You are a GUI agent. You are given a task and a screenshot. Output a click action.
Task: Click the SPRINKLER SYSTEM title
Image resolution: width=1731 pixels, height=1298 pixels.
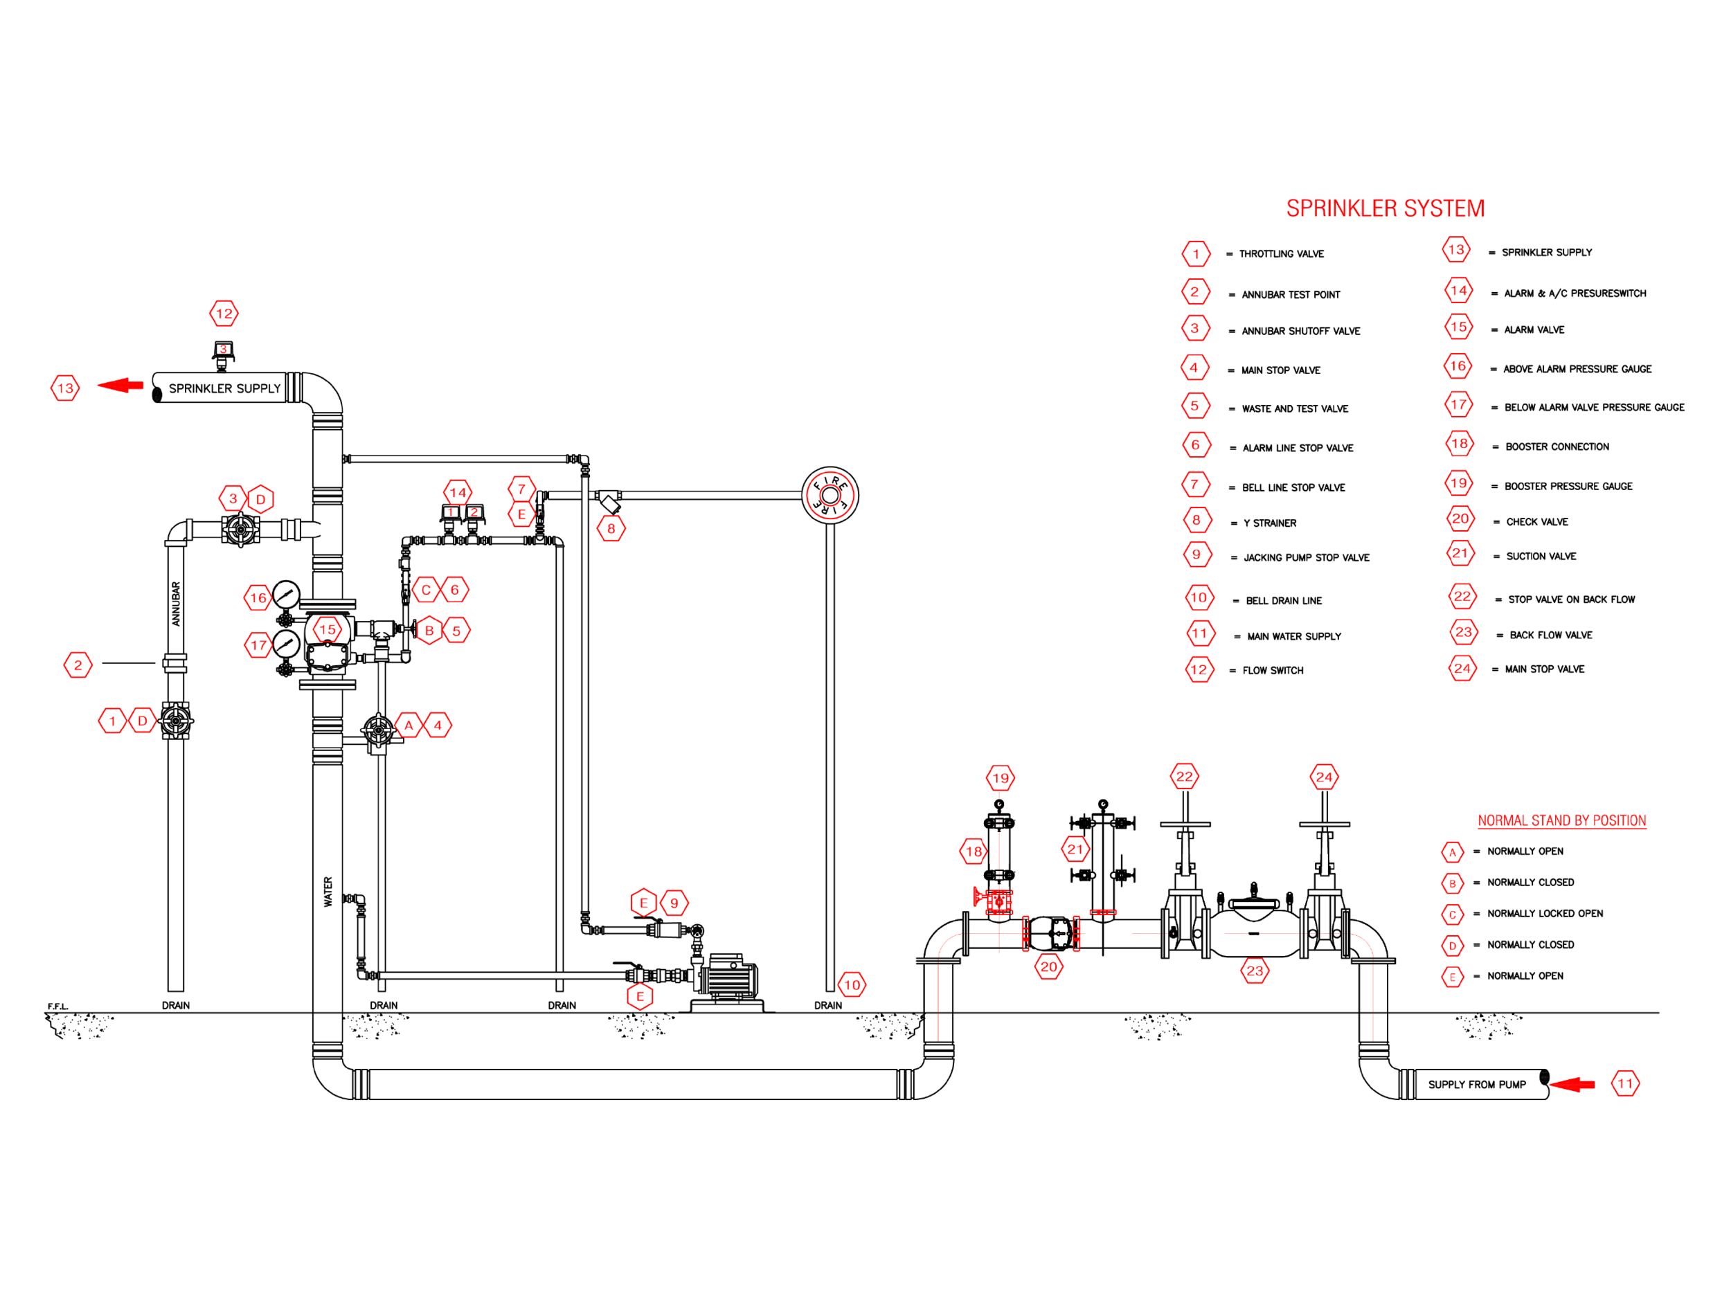click(x=1384, y=208)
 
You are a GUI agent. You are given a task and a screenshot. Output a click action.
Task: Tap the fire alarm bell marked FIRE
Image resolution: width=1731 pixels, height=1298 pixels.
click(x=829, y=495)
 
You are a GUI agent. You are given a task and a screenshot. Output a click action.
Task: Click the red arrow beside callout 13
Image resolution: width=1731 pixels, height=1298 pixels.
click(x=120, y=385)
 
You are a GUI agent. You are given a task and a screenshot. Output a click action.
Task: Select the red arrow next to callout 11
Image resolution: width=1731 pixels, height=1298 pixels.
click(x=1571, y=1083)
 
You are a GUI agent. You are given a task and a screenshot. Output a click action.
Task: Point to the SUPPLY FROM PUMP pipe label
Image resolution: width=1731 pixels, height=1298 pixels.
click(x=1476, y=1084)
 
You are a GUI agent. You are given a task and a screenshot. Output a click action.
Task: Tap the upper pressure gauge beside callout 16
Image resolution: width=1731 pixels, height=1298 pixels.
click(x=287, y=595)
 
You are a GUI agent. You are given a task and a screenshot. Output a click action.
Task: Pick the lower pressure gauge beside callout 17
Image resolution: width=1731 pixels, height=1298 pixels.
click(x=287, y=643)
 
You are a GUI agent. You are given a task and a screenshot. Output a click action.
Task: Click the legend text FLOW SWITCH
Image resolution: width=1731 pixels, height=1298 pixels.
click(x=1273, y=671)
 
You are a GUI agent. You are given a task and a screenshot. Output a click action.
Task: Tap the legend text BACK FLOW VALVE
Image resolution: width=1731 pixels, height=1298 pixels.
click(x=1550, y=636)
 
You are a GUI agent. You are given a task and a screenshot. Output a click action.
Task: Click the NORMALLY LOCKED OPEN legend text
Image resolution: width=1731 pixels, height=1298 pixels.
click(x=1545, y=913)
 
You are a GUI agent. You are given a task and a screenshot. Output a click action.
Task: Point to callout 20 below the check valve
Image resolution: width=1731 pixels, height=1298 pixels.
click(x=1048, y=966)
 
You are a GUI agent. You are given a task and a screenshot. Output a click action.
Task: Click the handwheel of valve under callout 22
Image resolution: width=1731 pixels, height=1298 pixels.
click(x=1185, y=824)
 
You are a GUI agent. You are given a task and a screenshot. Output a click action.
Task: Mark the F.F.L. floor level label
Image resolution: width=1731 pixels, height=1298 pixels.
click(x=58, y=1006)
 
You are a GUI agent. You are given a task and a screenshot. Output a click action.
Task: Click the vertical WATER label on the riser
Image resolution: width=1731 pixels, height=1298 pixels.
click(x=328, y=891)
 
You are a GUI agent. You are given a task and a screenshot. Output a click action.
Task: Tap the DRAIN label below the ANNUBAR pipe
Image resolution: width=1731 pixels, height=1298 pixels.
click(x=175, y=1005)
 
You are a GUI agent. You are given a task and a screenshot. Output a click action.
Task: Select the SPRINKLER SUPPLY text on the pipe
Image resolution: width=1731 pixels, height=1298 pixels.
click(x=224, y=388)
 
